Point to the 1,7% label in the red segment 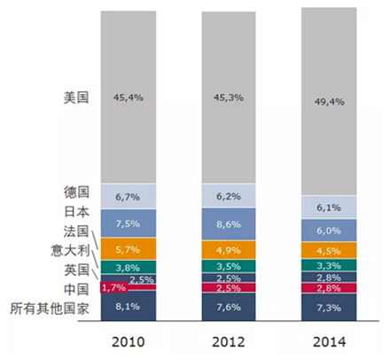pos(113,288)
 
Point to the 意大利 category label pos(71,250)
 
